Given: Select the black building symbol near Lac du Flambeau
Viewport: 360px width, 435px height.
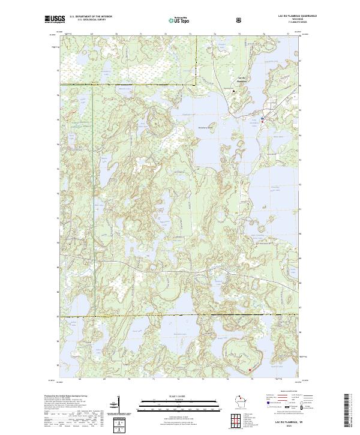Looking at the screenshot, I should (233, 91).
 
